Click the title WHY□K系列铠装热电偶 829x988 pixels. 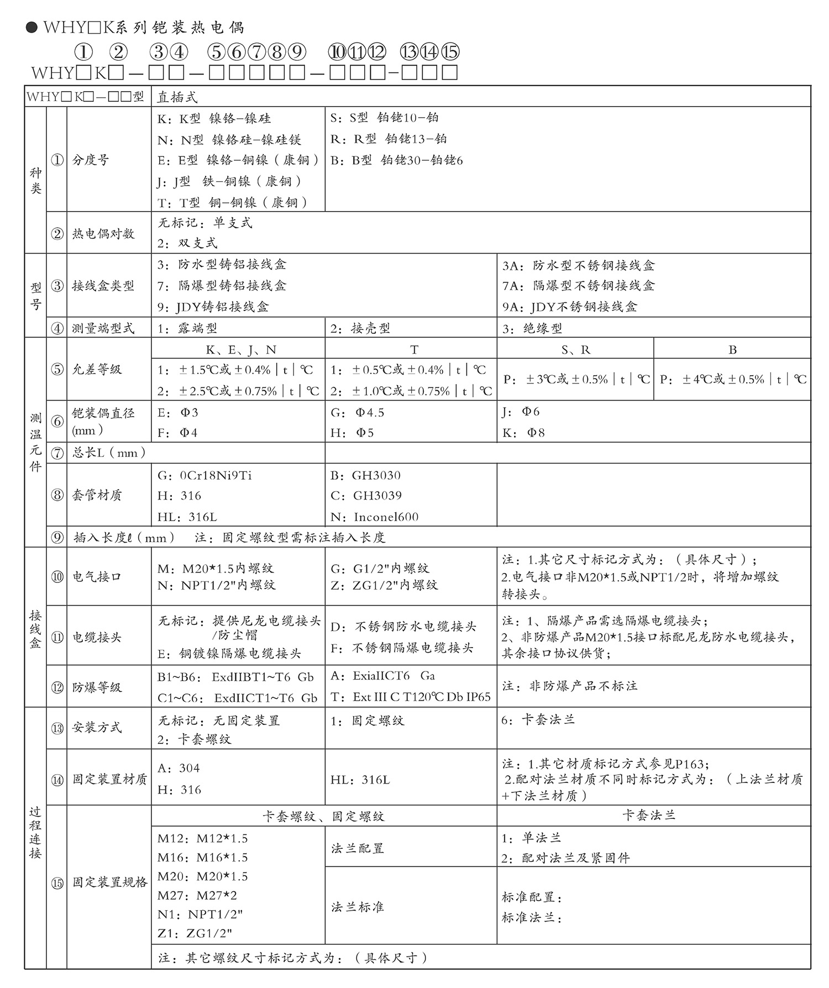click(143, 27)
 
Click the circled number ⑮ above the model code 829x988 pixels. click(450, 52)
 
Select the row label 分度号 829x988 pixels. click(91, 160)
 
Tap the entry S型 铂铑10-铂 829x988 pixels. click(385, 118)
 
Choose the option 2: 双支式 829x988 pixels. click(187, 243)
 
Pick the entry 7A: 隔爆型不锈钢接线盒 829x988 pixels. click(578, 286)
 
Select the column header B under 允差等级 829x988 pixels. click(732, 350)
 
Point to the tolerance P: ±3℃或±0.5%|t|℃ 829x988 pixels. click(576, 380)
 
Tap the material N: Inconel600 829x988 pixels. click(374, 517)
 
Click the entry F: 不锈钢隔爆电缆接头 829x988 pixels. click(402, 648)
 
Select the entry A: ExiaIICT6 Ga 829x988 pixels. click(382, 676)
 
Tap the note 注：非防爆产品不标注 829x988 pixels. click(569, 686)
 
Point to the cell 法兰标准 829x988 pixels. click(357, 907)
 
